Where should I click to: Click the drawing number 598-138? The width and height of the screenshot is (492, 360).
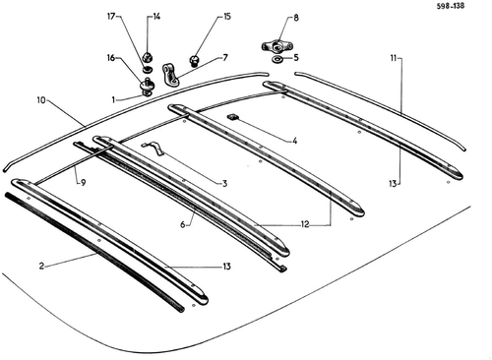coord(450,6)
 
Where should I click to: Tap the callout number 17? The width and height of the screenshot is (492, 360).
coord(111,16)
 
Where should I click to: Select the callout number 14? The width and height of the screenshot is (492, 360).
coord(156,17)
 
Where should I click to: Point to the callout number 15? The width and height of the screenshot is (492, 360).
coord(227,16)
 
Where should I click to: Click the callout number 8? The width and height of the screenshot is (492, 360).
coord(296,18)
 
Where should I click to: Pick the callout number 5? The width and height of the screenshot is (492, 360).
coord(296,58)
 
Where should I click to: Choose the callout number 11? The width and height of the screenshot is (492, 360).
coord(394,58)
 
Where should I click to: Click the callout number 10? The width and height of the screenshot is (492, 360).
coord(41,100)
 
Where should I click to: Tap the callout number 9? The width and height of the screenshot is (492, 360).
coord(83,183)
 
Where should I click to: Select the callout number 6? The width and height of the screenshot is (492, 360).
coord(183,224)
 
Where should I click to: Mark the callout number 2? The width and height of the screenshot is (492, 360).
coord(41,266)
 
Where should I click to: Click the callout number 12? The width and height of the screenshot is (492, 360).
coord(305,224)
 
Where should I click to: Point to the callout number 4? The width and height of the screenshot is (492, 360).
coord(294,141)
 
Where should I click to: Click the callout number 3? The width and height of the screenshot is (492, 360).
coord(224,183)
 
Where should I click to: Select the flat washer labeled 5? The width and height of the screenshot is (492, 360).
coord(278,60)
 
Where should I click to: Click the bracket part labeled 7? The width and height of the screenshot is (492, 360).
coord(170,76)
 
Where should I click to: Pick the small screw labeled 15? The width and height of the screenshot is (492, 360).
coord(194,61)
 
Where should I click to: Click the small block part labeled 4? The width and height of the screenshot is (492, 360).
coord(233,117)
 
